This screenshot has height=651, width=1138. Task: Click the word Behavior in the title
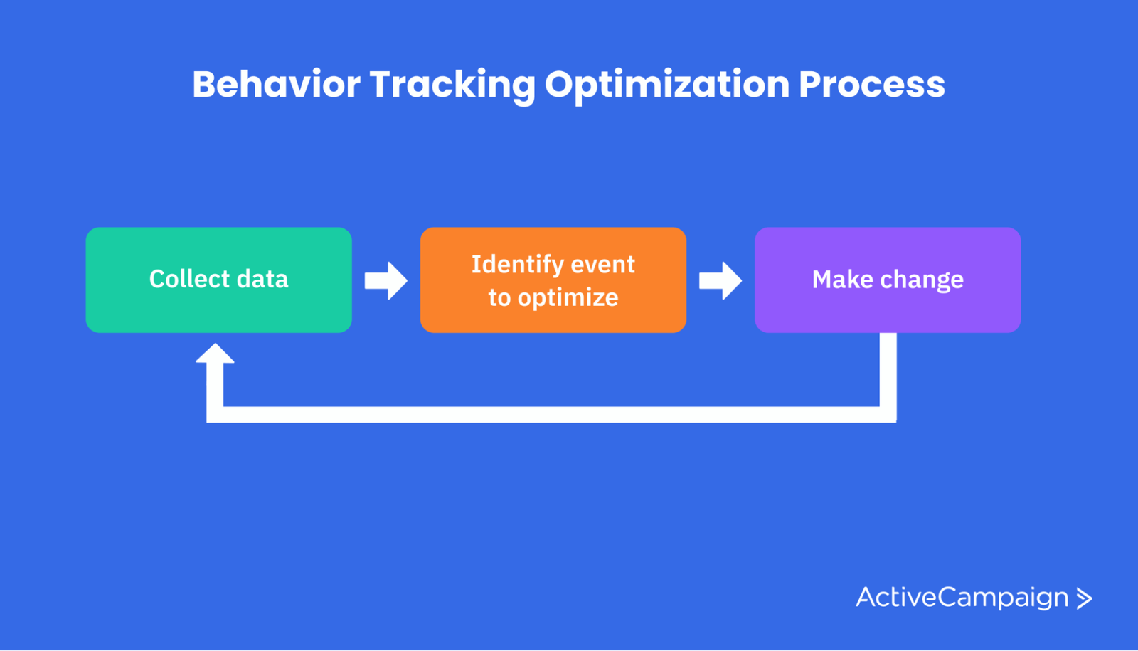[x=277, y=84]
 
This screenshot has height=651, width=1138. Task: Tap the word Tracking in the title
[x=452, y=86]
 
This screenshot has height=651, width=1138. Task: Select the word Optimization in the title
[x=667, y=86]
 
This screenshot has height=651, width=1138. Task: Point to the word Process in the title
[x=872, y=84]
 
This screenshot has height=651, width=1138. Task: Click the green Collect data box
[x=219, y=280]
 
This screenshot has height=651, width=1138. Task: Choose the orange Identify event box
[x=553, y=280]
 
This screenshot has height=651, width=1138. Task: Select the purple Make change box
[x=888, y=280]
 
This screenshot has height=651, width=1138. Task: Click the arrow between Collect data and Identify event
[x=386, y=280]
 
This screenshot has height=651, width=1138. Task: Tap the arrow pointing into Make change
[x=720, y=280]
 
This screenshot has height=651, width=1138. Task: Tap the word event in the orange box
[x=603, y=265]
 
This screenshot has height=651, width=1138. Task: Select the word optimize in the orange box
[x=568, y=298]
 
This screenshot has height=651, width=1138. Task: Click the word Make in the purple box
[x=842, y=280]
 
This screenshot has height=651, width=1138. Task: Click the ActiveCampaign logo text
[x=962, y=598]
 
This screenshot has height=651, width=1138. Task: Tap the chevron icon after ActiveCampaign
[x=1084, y=598]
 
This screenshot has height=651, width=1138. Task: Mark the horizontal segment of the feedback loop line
[x=551, y=415]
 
